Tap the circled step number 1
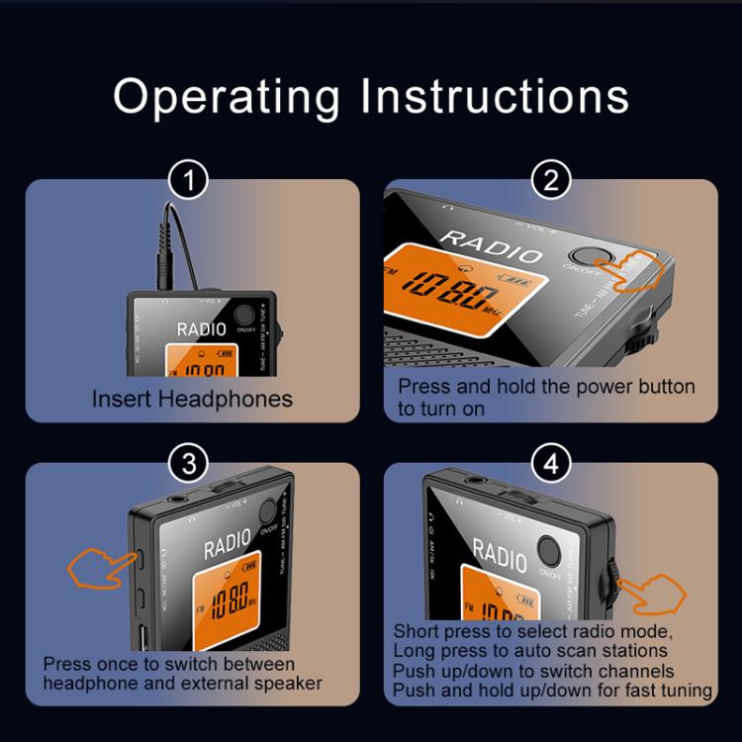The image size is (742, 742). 190,182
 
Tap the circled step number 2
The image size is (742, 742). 549,182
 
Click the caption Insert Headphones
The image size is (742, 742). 192,399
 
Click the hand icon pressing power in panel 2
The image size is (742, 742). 633,273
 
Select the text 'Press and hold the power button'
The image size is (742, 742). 546,387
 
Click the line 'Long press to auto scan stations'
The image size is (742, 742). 529,650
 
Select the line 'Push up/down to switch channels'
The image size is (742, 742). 533,670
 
